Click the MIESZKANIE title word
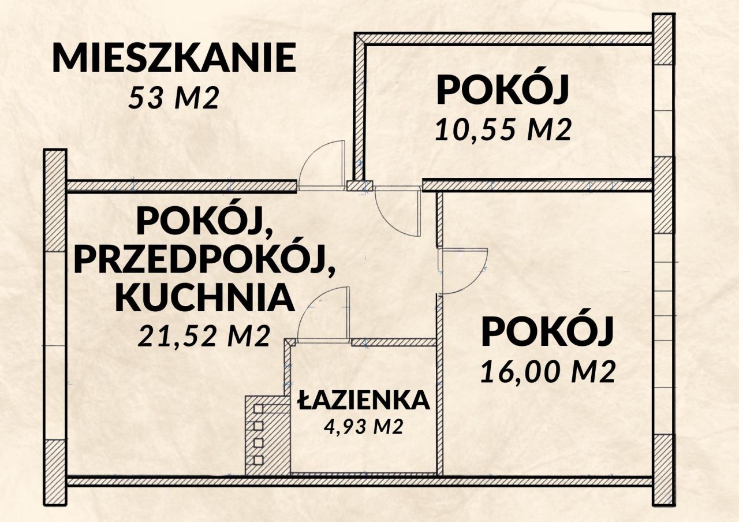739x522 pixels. (x=174, y=58)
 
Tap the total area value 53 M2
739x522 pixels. (x=174, y=99)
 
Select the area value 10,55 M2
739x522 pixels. (x=503, y=131)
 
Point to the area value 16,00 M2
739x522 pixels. (x=546, y=372)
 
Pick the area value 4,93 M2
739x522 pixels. (x=364, y=427)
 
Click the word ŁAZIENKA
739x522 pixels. (x=364, y=400)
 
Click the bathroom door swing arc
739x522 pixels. (x=323, y=315)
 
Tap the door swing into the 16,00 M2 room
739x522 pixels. (x=465, y=270)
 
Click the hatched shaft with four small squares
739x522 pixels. (x=267, y=435)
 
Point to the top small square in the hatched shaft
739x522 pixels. (x=258, y=409)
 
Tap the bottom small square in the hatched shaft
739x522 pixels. (x=258, y=460)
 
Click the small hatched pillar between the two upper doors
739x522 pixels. (x=360, y=185)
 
